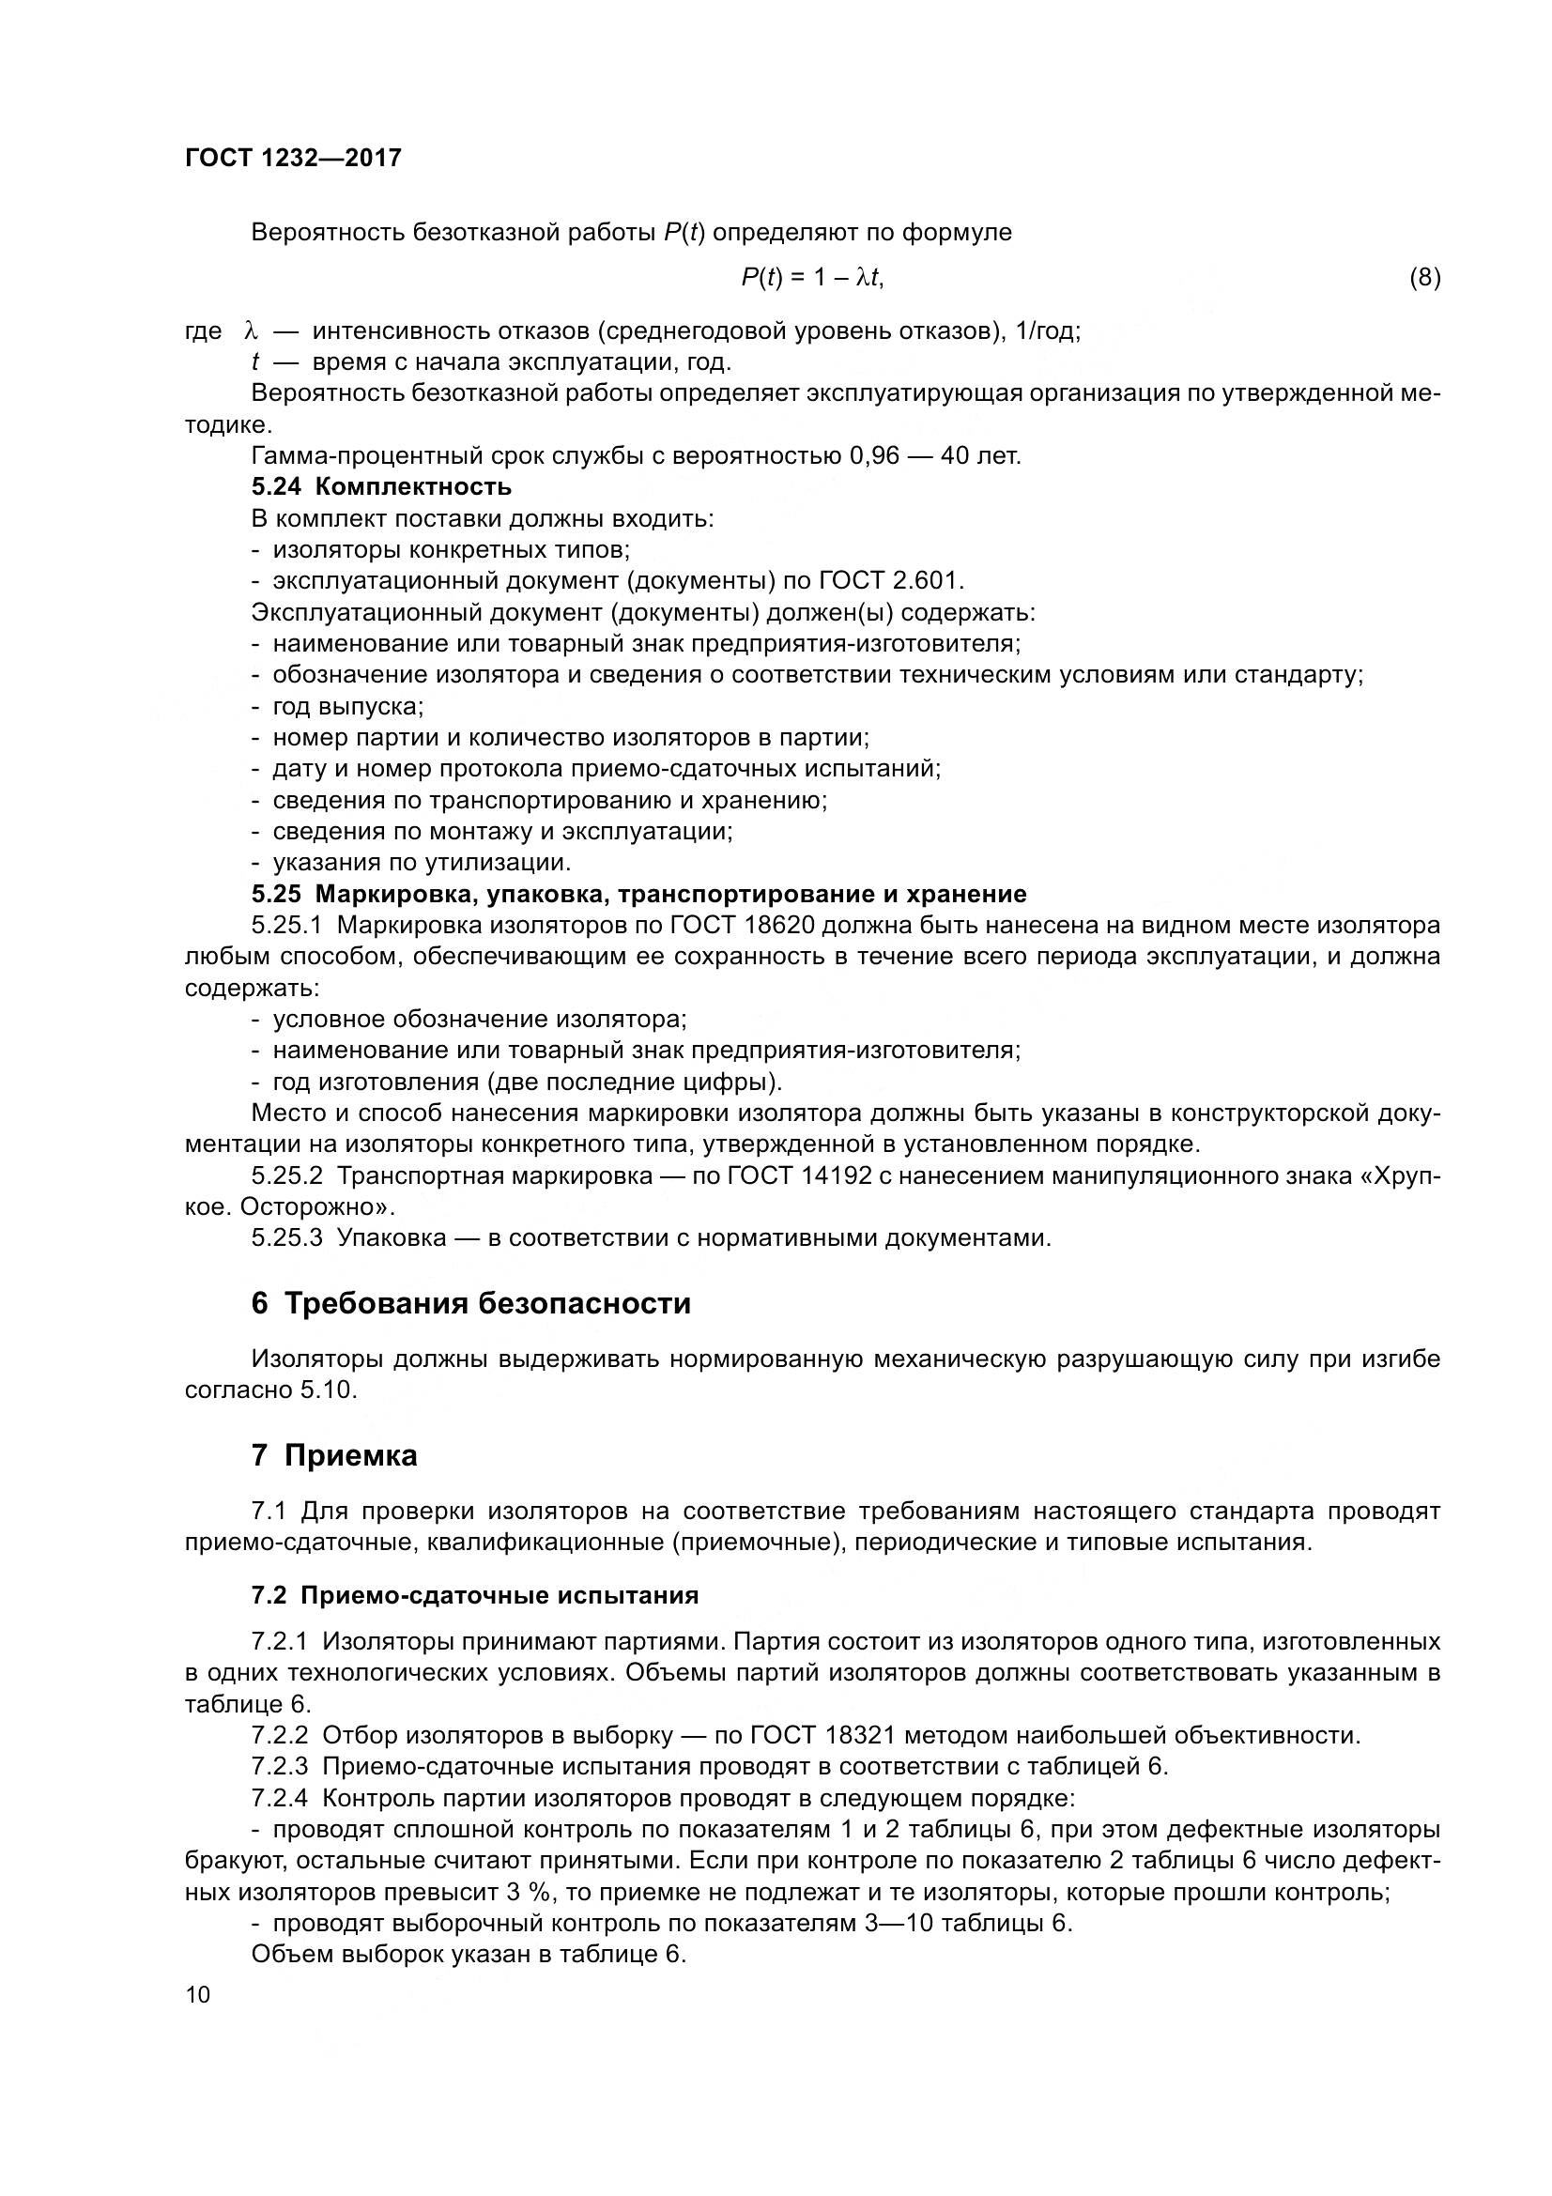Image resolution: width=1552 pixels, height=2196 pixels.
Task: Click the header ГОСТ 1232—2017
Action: [293, 158]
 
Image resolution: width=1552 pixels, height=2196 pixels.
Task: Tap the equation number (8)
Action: [1424, 277]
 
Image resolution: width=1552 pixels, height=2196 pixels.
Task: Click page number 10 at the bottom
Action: [197, 1995]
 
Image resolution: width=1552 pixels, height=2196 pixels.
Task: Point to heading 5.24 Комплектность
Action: [380, 487]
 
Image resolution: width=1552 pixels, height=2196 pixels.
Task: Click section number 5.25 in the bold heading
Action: [276, 895]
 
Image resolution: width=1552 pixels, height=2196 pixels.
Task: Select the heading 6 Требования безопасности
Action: [470, 1304]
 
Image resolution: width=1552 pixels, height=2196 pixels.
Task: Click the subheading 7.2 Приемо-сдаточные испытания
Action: [474, 1595]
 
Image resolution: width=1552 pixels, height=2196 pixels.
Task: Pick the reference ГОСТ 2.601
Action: [891, 580]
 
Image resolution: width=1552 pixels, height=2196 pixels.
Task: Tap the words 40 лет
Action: [981, 455]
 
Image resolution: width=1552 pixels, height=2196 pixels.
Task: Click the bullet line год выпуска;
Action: [348, 707]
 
